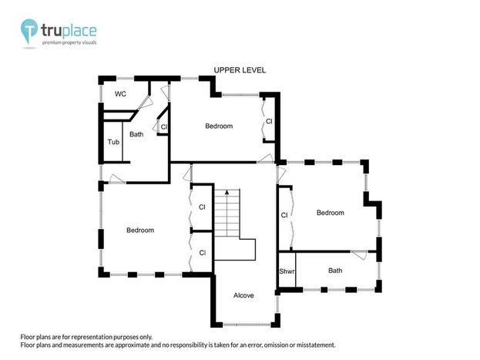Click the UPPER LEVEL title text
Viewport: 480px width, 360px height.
click(240, 70)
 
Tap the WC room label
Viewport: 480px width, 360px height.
click(120, 94)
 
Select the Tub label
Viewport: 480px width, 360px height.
click(113, 142)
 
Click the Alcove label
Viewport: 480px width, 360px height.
click(243, 295)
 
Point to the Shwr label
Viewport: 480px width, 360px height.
click(287, 271)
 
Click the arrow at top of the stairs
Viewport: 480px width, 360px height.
click(227, 192)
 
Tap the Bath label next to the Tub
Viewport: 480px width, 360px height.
click(136, 134)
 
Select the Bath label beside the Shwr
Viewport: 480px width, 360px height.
click(335, 271)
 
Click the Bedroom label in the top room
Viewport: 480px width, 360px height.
click(219, 126)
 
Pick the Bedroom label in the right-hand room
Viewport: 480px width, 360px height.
click(331, 213)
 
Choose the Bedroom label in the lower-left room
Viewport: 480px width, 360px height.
click(140, 230)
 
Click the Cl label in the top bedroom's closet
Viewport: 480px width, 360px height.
click(269, 121)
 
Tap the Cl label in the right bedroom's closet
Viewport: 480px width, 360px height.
click(284, 215)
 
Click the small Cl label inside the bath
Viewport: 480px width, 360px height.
click(164, 127)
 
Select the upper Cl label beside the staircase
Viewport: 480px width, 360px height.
click(202, 207)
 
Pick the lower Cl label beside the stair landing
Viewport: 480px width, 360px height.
click(203, 253)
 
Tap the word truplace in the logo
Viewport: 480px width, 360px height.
click(69, 31)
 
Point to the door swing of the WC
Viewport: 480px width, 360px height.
click(146, 103)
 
